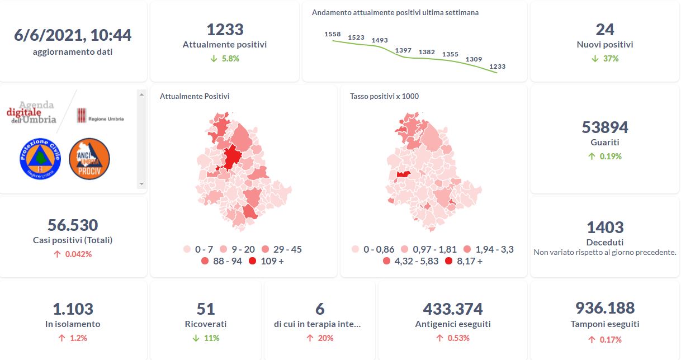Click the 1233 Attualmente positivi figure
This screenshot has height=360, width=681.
[225, 30]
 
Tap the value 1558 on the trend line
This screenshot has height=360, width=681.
[333, 35]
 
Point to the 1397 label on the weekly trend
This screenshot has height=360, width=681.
[403, 51]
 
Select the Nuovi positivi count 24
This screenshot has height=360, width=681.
[605, 30]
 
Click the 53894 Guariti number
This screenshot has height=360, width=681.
[605, 127]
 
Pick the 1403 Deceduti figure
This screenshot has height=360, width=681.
[605, 228]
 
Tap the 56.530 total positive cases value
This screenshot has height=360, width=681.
[73, 225]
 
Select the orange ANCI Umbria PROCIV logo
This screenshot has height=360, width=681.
[89, 159]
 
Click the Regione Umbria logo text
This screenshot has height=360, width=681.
[106, 119]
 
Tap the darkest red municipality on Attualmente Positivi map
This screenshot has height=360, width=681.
[231, 157]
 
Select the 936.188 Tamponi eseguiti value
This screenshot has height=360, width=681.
[605, 308]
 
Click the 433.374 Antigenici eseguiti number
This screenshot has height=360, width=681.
[453, 309]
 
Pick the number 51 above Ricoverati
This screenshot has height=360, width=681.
[206, 309]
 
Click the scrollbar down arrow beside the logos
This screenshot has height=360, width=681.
[141, 183]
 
